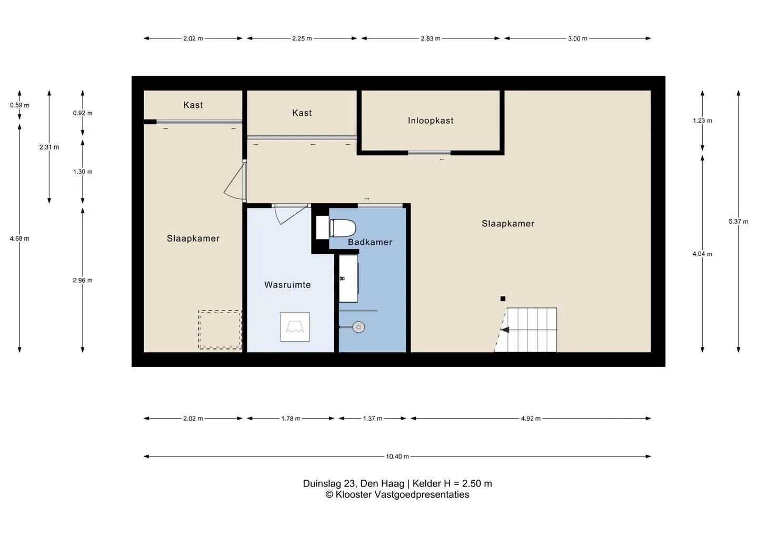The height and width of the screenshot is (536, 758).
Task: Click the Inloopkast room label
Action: pos(431,121)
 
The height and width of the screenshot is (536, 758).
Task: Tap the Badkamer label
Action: pos(370,242)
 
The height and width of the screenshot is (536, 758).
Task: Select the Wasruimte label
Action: pos(287,284)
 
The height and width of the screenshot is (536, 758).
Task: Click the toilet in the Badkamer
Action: pos(343,228)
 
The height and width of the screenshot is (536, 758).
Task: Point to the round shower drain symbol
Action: pos(358,327)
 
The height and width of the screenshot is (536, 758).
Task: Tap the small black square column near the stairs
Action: pos(503,299)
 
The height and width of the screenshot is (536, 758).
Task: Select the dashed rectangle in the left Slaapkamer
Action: pos(220,330)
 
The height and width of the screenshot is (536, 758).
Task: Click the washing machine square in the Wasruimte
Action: pos(295,327)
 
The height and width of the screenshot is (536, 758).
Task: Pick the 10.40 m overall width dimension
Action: pos(397,456)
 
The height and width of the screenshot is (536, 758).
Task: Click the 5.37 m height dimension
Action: pos(739,221)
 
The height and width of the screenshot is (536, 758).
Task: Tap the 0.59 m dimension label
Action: pos(19,105)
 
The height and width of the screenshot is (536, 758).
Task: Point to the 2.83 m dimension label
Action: pos(431,38)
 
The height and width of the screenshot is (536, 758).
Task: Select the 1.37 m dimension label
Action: pos(373,419)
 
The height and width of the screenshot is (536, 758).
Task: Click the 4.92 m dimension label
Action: pos(531,419)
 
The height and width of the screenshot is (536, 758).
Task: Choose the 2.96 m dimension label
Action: pos(83,280)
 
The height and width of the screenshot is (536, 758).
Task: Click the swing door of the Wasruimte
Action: pos(292,214)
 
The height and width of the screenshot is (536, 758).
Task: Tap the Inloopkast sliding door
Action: pos(429,153)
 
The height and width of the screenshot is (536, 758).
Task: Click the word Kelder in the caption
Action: pos(427,483)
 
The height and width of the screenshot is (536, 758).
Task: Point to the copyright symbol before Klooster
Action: pos(330,495)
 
